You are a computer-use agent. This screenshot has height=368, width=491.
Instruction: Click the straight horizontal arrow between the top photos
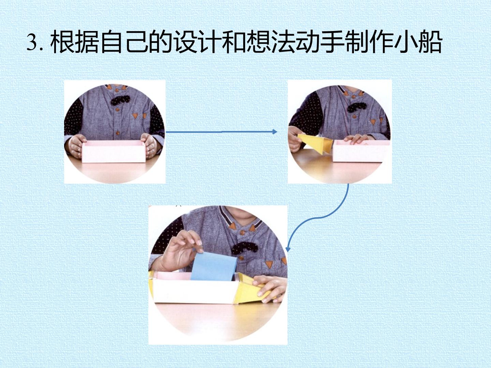coord(221,132)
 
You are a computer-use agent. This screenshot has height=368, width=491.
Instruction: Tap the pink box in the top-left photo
coord(114,152)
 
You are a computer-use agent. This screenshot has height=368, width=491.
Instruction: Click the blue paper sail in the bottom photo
coord(214,266)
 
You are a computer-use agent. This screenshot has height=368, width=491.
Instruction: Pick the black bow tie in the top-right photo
coord(357,107)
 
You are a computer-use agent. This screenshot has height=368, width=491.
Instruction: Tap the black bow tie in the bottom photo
coord(245,248)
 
